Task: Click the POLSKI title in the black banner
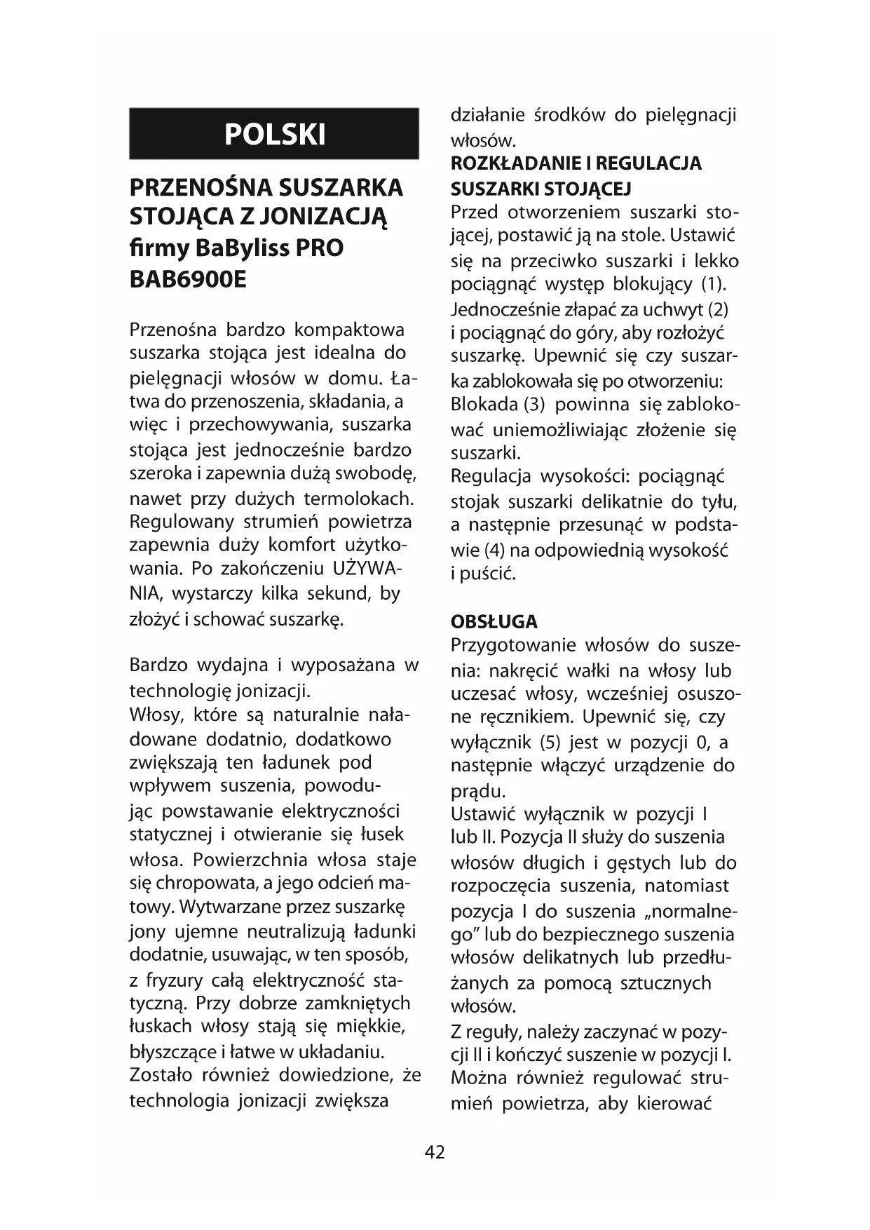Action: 274,134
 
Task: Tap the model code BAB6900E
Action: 188,279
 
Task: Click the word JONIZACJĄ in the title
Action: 323,217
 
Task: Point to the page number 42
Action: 435,1152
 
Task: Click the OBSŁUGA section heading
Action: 494,621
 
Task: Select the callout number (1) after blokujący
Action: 714,285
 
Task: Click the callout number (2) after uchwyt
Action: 719,309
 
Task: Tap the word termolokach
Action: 358,499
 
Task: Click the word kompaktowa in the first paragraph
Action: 349,330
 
